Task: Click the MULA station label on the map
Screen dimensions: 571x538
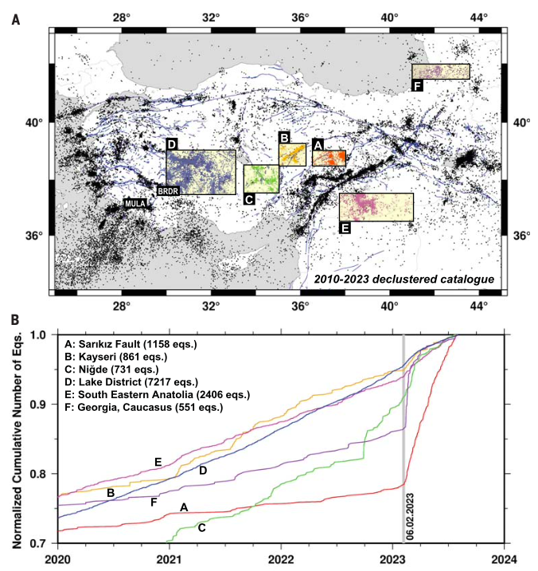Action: tap(136, 204)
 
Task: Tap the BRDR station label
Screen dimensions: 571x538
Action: tap(167, 191)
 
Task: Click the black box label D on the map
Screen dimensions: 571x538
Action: tap(172, 144)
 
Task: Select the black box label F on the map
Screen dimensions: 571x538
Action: tap(418, 85)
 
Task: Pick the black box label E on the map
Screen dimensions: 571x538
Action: tap(345, 227)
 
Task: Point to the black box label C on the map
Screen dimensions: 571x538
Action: tap(249, 198)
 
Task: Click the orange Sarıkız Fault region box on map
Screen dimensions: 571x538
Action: tap(329, 158)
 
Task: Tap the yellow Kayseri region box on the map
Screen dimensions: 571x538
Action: tap(293, 154)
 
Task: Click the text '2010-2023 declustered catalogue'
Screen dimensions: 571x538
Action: tap(403, 280)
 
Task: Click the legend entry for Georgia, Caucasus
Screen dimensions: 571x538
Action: tap(142, 407)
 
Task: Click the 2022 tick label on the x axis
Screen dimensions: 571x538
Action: tap(280, 559)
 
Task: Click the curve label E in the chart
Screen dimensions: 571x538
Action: tap(158, 462)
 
